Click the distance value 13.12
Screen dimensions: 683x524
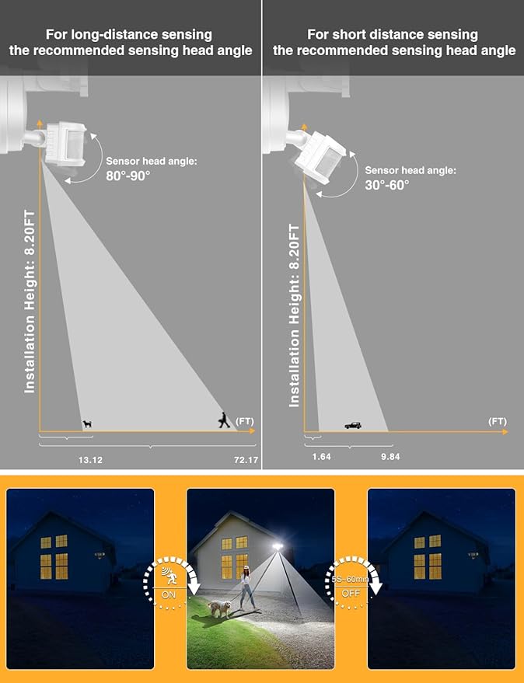[90, 459]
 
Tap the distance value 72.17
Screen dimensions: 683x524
[246, 459]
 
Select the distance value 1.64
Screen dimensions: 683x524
[321, 456]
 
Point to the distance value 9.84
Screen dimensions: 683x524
[390, 456]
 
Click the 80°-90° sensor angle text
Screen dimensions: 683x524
[128, 176]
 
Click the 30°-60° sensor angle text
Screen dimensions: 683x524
[387, 185]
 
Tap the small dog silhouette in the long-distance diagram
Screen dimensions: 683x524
[88, 423]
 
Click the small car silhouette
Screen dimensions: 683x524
[353, 425]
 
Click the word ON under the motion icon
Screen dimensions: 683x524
[169, 594]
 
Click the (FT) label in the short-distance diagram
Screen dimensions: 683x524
[498, 421]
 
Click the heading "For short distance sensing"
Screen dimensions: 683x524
[393, 34]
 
